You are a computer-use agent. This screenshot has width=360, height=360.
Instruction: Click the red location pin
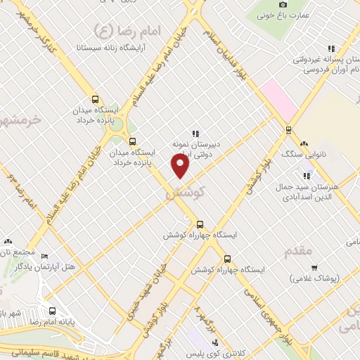[x=181, y=165]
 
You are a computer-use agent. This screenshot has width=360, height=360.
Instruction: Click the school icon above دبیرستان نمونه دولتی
[x=195, y=133]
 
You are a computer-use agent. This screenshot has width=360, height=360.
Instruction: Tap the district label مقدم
[x=301, y=251]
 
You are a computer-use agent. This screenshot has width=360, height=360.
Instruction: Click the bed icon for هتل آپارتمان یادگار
[x=44, y=257]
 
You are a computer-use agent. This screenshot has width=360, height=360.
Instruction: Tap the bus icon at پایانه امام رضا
[x=53, y=310]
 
